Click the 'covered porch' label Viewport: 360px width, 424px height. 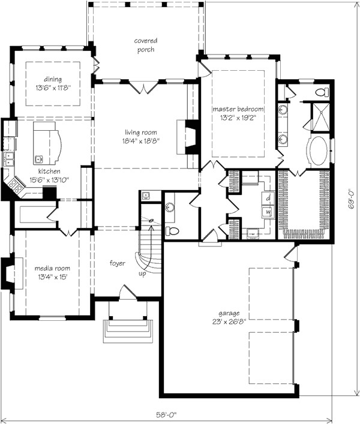pos(146,45)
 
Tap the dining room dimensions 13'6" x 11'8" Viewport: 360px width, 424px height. pos(53,88)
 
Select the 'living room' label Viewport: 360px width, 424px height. pos(140,132)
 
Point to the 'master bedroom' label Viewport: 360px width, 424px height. pos(238,109)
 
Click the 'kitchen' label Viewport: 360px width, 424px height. pos(49,171)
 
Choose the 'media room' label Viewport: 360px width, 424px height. pos(52,268)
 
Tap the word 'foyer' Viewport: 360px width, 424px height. pos(118,263)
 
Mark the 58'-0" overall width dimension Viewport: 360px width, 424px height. pos(166,414)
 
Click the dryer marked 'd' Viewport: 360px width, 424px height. pos(268,199)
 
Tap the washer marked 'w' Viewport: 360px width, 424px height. pos(268,212)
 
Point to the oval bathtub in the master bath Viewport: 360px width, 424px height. pos(318,151)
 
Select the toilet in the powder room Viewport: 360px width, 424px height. pos(172,231)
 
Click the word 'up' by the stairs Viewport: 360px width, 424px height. pos(142,273)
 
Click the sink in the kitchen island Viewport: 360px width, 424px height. pos(38,160)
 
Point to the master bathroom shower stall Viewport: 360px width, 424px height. pos(321,117)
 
